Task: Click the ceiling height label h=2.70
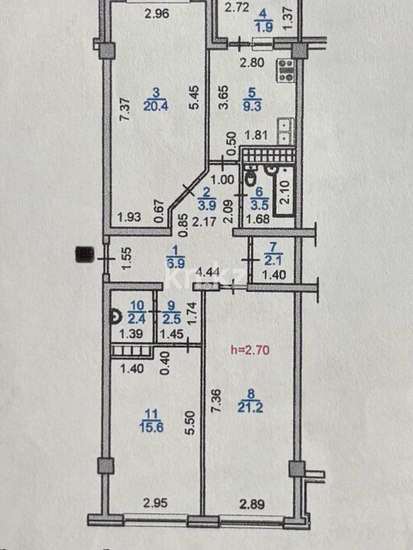point(250,350)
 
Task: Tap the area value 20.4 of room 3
point(157,106)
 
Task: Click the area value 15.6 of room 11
point(151,428)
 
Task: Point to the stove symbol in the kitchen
point(286,70)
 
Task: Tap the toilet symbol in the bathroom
point(250,178)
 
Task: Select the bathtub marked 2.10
point(285,191)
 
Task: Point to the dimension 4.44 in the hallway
point(208,272)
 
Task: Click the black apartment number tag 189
point(84,253)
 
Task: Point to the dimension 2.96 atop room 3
point(157,14)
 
